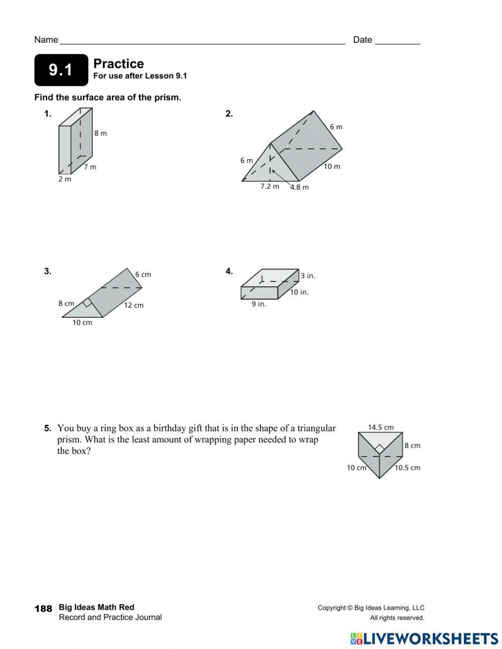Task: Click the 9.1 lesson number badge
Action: [61, 70]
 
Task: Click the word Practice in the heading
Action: [118, 64]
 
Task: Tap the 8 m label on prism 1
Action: [100, 133]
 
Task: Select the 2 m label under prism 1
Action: [65, 179]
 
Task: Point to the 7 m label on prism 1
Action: [90, 167]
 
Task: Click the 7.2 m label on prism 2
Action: [270, 187]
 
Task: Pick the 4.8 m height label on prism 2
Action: [300, 187]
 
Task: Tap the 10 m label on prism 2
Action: [332, 166]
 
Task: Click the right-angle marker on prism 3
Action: [88, 302]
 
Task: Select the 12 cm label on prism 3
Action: [134, 305]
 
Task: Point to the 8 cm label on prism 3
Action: [66, 303]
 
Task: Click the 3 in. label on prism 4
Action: [308, 275]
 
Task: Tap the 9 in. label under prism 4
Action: [259, 304]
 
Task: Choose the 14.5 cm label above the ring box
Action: [381, 427]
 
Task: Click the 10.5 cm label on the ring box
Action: [407, 468]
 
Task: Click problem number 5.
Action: [47, 428]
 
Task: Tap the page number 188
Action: [43, 609]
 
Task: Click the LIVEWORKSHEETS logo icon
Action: [356, 638]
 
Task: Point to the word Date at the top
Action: [362, 40]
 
